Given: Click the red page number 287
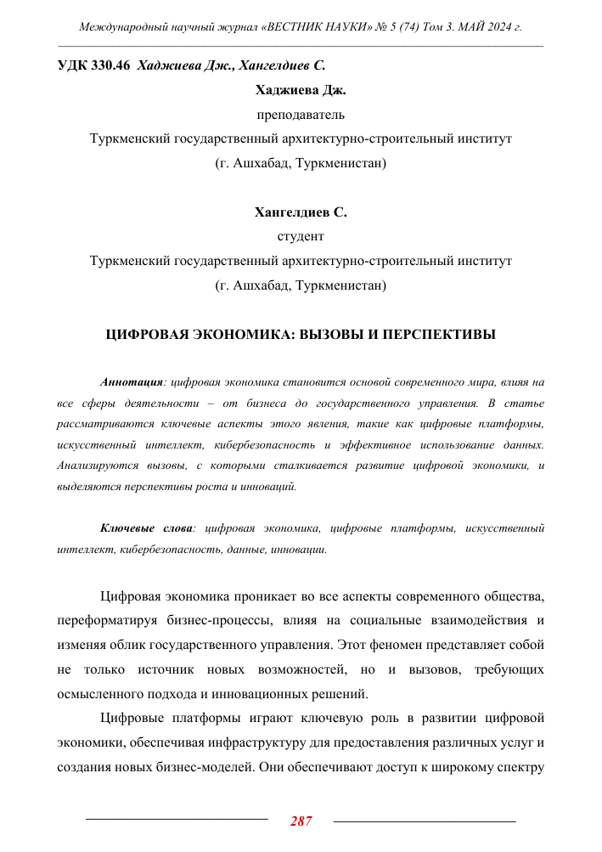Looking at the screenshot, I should [301, 821].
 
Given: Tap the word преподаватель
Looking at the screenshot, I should [301, 113].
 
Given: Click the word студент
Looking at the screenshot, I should [301, 235].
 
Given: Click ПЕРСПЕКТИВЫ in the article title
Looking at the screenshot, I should [444, 336].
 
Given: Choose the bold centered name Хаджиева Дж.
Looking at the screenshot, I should [301, 89].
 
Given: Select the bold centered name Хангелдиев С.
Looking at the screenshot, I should [301, 212].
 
